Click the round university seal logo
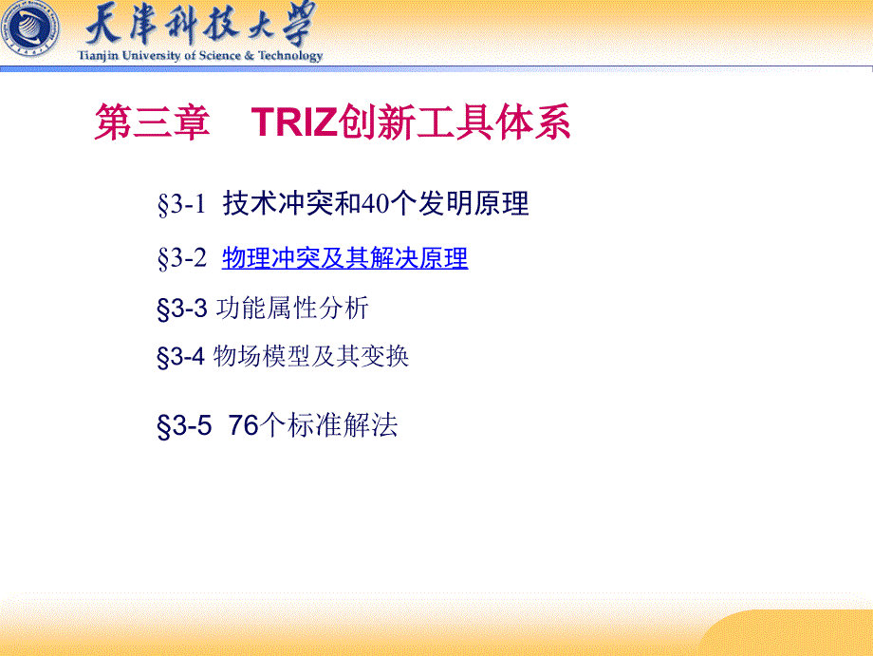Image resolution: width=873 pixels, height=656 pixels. click(29, 28)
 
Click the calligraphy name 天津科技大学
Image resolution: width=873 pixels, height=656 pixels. click(200, 24)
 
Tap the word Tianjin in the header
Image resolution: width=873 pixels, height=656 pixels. click(98, 56)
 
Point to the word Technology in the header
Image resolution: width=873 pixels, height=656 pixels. click(290, 56)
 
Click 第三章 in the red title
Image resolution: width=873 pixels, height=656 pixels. click(152, 122)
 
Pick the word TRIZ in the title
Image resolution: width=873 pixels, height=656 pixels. click(294, 122)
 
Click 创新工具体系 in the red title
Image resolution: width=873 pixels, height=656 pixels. click(455, 122)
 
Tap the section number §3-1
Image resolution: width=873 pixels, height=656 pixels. click(181, 204)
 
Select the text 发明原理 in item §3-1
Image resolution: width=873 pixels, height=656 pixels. click(473, 203)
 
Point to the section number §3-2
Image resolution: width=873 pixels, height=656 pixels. click(181, 258)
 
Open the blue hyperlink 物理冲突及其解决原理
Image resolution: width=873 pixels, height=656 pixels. click(345, 258)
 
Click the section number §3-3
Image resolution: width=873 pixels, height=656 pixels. click(182, 309)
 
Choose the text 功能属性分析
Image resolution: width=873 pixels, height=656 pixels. click(292, 308)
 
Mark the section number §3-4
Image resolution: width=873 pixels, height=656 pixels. click(181, 356)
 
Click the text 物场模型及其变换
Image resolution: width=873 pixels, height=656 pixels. click(311, 356)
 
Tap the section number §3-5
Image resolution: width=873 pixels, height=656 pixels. click(184, 426)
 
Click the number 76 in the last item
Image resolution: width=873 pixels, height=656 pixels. click(244, 425)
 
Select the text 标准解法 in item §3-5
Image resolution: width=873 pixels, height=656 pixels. click(343, 425)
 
